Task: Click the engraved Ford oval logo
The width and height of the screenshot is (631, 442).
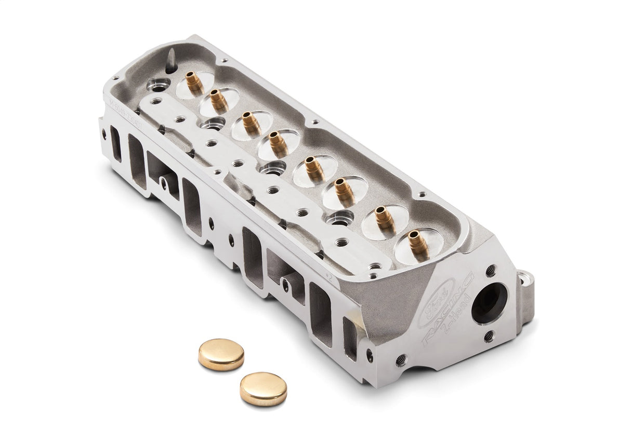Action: tap(436, 303)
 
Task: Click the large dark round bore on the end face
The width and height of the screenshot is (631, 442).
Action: tap(489, 303)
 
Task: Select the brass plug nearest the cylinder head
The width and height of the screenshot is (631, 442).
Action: tap(221, 354)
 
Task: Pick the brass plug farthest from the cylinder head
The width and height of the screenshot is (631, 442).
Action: tap(263, 389)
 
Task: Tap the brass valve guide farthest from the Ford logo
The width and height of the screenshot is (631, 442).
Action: tap(194, 82)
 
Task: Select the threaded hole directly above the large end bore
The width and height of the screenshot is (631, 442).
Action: tap(490, 270)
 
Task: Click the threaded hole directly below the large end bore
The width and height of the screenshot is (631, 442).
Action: tap(489, 337)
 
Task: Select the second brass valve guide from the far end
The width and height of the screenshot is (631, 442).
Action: tap(218, 100)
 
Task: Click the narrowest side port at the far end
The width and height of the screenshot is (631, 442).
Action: tap(115, 143)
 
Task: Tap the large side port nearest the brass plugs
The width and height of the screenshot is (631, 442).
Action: tap(320, 314)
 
